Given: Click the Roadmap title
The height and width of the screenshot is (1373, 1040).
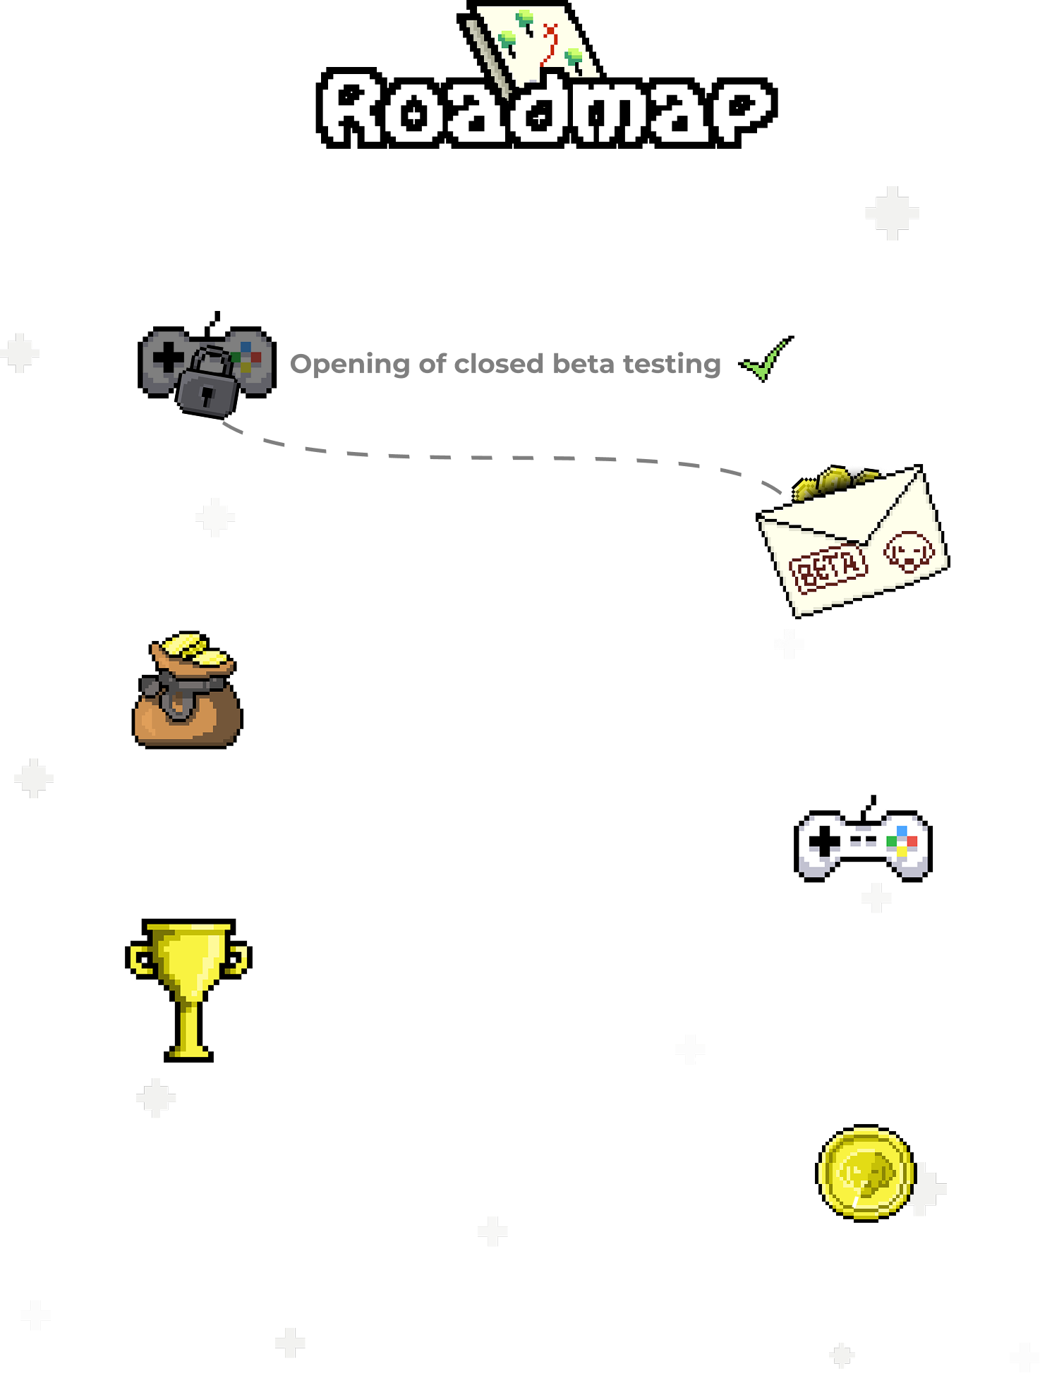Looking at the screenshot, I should pyautogui.click(x=546, y=109).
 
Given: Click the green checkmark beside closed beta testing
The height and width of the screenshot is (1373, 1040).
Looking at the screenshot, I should pyautogui.click(x=764, y=360).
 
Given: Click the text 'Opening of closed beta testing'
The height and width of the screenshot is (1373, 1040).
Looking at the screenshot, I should pyautogui.click(x=505, y=364).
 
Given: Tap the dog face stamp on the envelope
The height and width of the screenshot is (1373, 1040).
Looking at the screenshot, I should pyautogui.click(x=909, y=551).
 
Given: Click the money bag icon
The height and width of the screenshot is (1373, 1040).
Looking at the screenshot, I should pyautogui.click(x=187, y=691).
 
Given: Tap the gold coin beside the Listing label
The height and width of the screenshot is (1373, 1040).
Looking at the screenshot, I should pyautogui.click(x=866, y=1173).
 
